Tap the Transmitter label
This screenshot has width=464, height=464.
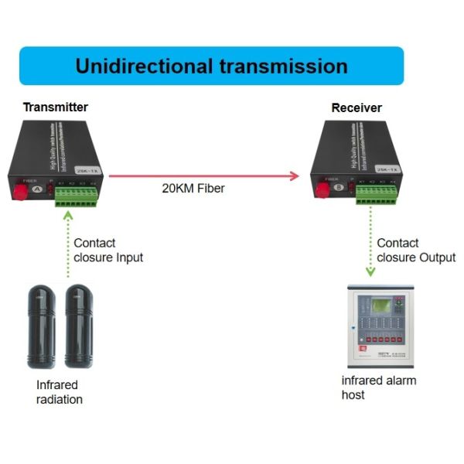point(55,107)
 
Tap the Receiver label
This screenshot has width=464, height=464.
point(357,108)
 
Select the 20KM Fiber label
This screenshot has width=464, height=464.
point(193,188)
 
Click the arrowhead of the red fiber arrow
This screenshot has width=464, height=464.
point(295,176)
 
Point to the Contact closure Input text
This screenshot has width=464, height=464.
point(108,250)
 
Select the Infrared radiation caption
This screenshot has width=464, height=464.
point(59,392)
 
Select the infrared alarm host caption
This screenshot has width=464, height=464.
point(379,387)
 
